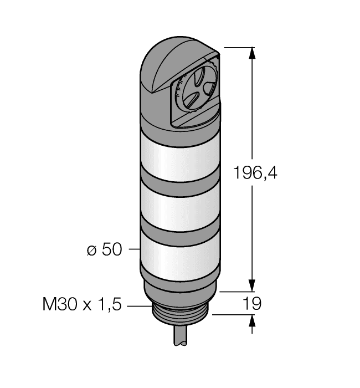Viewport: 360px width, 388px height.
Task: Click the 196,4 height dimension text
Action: click(x=254, y=173)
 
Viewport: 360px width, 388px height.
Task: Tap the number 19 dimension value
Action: click(x=252, y=304)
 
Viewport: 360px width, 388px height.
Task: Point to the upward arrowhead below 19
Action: click(x=253, y=320)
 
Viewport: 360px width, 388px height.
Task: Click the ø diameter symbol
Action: click(x=91, y=251)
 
